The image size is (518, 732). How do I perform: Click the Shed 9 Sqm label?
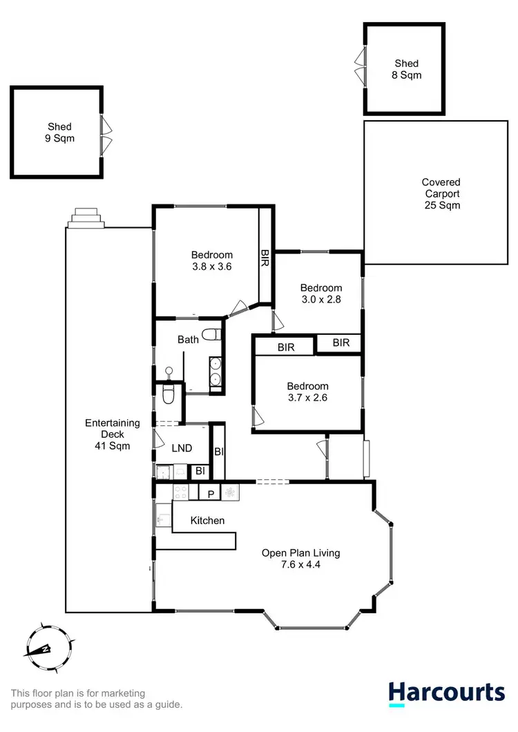click(x=59, y=132)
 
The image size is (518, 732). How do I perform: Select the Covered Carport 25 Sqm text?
click(x=441, y=193)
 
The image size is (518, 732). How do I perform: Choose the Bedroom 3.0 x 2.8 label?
click(x=321, y=293)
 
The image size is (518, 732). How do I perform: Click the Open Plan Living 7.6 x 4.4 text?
click(x=300, y=558)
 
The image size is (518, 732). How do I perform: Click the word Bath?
click(x=188, y=340)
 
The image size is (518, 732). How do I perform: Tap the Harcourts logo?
click(x=445, y=693)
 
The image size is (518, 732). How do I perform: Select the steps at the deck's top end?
click(x=86, y=218)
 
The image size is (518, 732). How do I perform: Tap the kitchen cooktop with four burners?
click(x=180, y=492)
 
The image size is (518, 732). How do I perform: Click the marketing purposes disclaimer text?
click(x=97, y=699)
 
